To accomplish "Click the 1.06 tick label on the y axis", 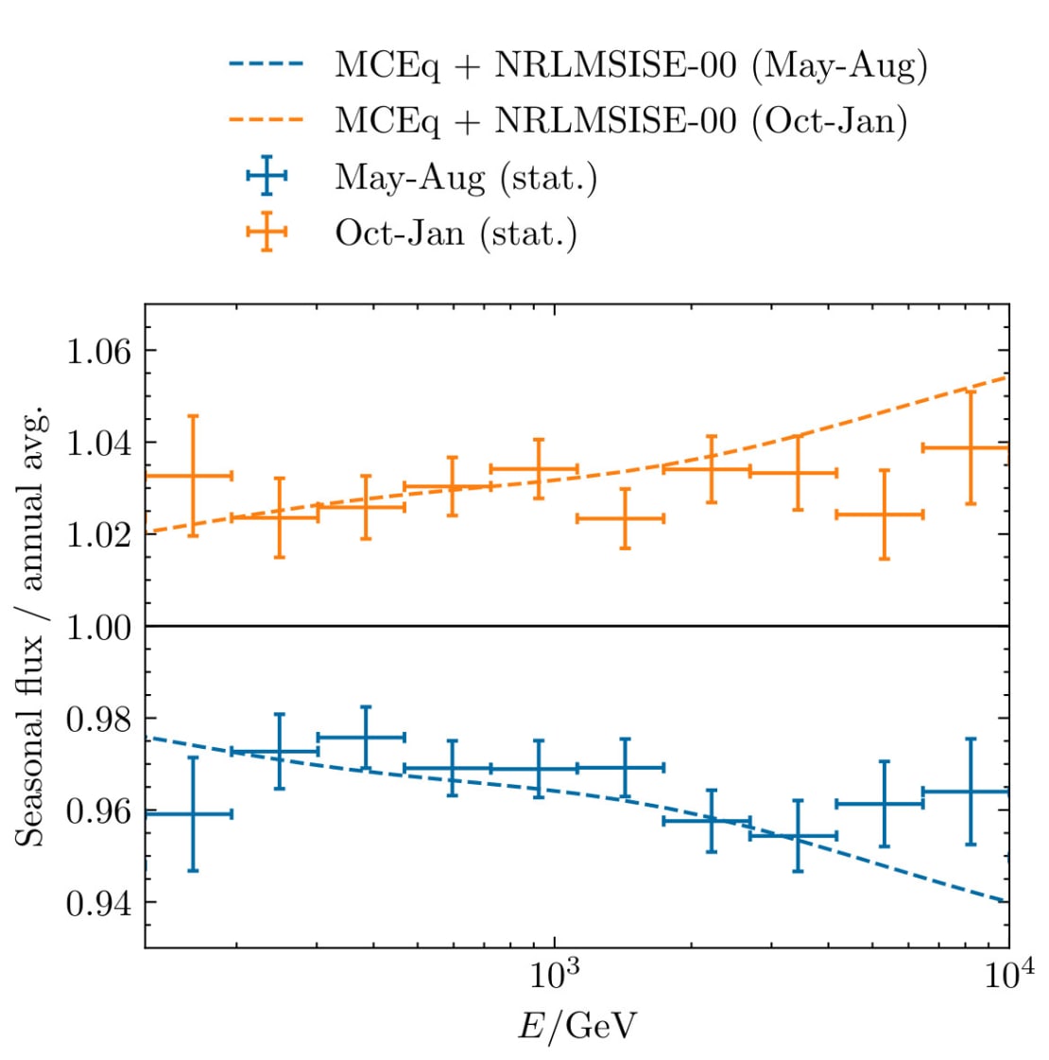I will [x=97, y=351].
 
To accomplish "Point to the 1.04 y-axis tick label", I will [x=97, y=443].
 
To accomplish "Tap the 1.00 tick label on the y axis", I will [x=97, y=627].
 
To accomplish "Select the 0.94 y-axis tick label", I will [x=97, y=903].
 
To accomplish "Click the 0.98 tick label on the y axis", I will [x=97, y=719].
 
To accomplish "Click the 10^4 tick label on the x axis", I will [x=1007, y=972].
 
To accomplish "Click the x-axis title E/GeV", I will [x=576, y=1025].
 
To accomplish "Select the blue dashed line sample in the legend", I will [x=266, y=65].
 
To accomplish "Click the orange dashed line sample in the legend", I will [x=266, y=120].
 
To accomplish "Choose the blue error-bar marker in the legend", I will [x=266, y=177].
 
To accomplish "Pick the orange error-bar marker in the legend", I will [x=266, y=232].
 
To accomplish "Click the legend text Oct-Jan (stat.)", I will [x=456, y=233].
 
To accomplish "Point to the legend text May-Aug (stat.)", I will [x=465, y=178].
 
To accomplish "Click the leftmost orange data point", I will [x=193, y=476].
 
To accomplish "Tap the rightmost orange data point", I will [x=970, y=447].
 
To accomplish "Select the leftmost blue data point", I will [x=193, y=813].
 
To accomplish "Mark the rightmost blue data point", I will [x=970, y=791].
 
